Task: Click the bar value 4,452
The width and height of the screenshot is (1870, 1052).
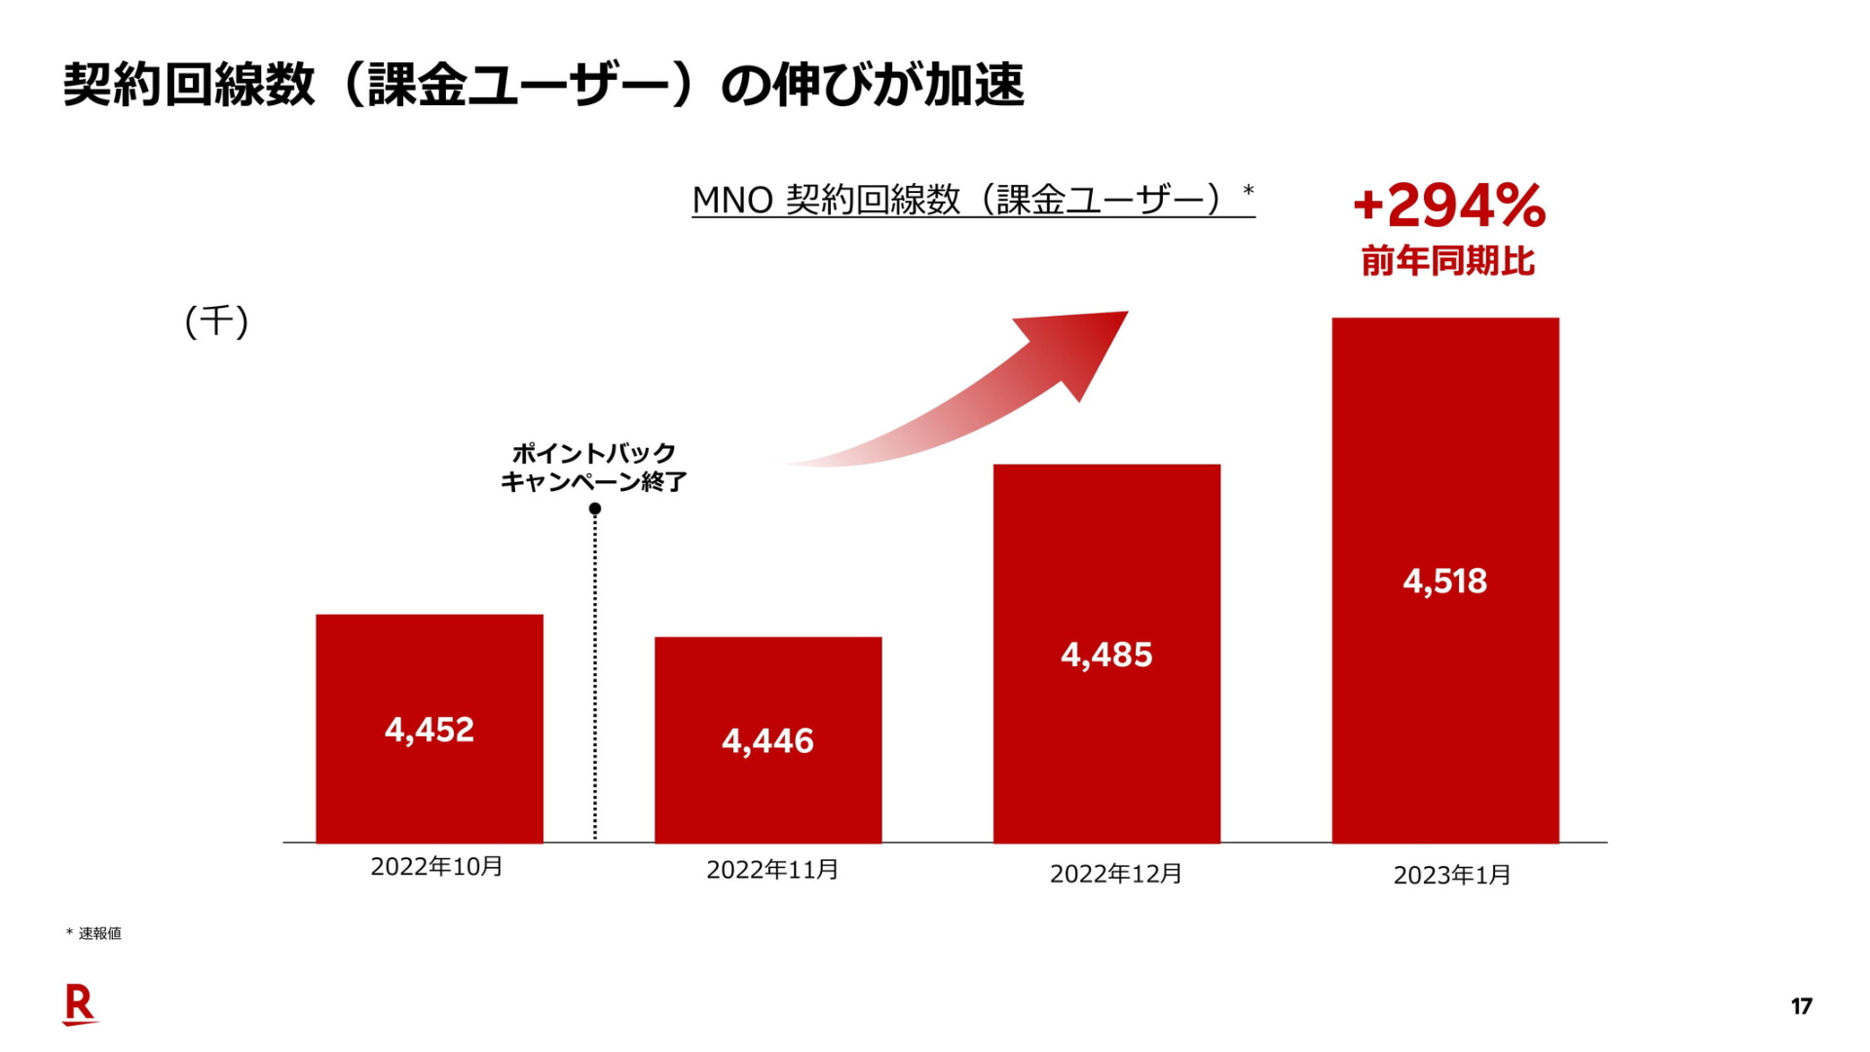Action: [430, 730]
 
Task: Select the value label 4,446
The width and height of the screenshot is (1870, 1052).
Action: [767, 741]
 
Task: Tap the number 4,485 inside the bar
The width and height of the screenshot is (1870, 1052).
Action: [1106, 655]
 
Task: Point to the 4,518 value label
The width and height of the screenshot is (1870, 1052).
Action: [1444, 582]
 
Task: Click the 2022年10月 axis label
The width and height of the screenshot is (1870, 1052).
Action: [436, 866]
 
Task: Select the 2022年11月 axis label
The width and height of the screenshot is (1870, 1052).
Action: [772, 869]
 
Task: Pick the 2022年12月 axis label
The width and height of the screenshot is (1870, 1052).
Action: [1116, 873]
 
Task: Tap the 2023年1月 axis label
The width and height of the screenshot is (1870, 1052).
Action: [1452, 875]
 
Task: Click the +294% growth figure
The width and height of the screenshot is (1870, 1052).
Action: [1448, 206]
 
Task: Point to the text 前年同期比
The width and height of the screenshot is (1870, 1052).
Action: [1448, 261]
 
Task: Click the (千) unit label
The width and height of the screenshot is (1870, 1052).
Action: [216, 320]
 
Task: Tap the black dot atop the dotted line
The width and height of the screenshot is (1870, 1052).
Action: [595, 508]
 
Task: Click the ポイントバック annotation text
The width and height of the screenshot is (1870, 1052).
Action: [594, 454]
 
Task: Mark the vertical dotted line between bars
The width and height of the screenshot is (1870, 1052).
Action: [595, 682]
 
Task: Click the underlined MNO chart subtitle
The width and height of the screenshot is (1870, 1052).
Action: [973, 200]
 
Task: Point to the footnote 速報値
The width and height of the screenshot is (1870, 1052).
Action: [99, 933]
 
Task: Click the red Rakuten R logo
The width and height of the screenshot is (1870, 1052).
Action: [80, 1004]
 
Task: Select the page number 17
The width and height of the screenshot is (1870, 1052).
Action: [1801, 1006]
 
